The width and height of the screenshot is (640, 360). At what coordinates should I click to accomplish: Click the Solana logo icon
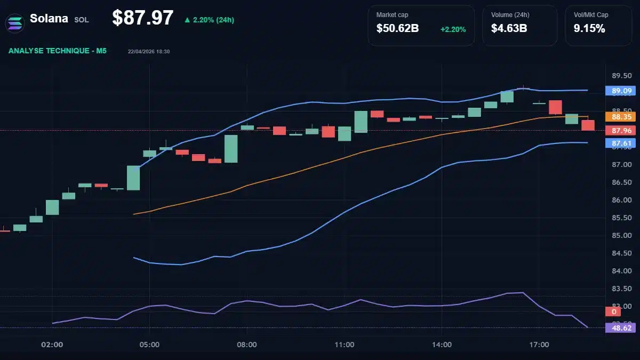point(15,22)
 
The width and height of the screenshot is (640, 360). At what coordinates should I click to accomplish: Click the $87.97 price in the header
point(142,18)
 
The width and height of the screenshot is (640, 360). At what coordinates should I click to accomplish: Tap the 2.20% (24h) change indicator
point(209,20)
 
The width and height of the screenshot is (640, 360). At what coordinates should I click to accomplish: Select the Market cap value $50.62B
point(397,29)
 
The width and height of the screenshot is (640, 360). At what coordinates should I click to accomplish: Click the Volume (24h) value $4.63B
point(509,29)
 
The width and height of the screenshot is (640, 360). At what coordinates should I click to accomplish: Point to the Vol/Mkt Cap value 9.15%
point(589,29)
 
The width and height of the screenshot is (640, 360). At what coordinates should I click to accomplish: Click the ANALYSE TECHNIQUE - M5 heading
point(58,51)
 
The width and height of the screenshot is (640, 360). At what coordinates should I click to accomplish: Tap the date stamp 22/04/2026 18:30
point(149,51)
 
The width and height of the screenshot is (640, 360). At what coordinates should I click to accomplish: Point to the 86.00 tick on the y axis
point(621,200)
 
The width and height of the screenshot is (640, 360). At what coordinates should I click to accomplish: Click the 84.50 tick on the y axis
point(621,253)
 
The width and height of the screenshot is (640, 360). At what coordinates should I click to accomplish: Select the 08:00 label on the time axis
point(247,345)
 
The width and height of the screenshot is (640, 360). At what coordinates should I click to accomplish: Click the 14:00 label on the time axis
point(442,345)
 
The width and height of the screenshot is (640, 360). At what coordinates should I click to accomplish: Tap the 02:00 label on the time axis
point(52,345)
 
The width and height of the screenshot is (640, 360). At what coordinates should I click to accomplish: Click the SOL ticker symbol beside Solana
point(82,20)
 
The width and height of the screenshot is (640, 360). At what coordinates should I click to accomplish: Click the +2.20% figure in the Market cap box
point(453,29)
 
